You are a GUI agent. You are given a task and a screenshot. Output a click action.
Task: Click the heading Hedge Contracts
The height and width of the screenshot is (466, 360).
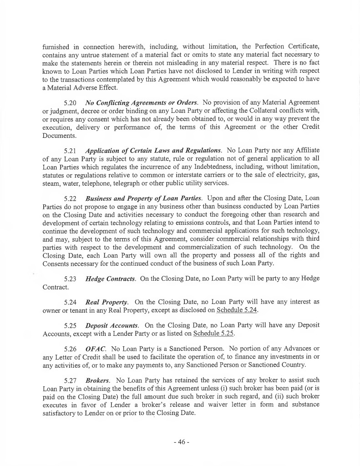pyautogui.click(x=111, y=279)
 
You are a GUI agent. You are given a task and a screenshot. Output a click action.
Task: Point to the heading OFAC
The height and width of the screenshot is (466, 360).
pyautogui.click(x=95, y=349)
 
